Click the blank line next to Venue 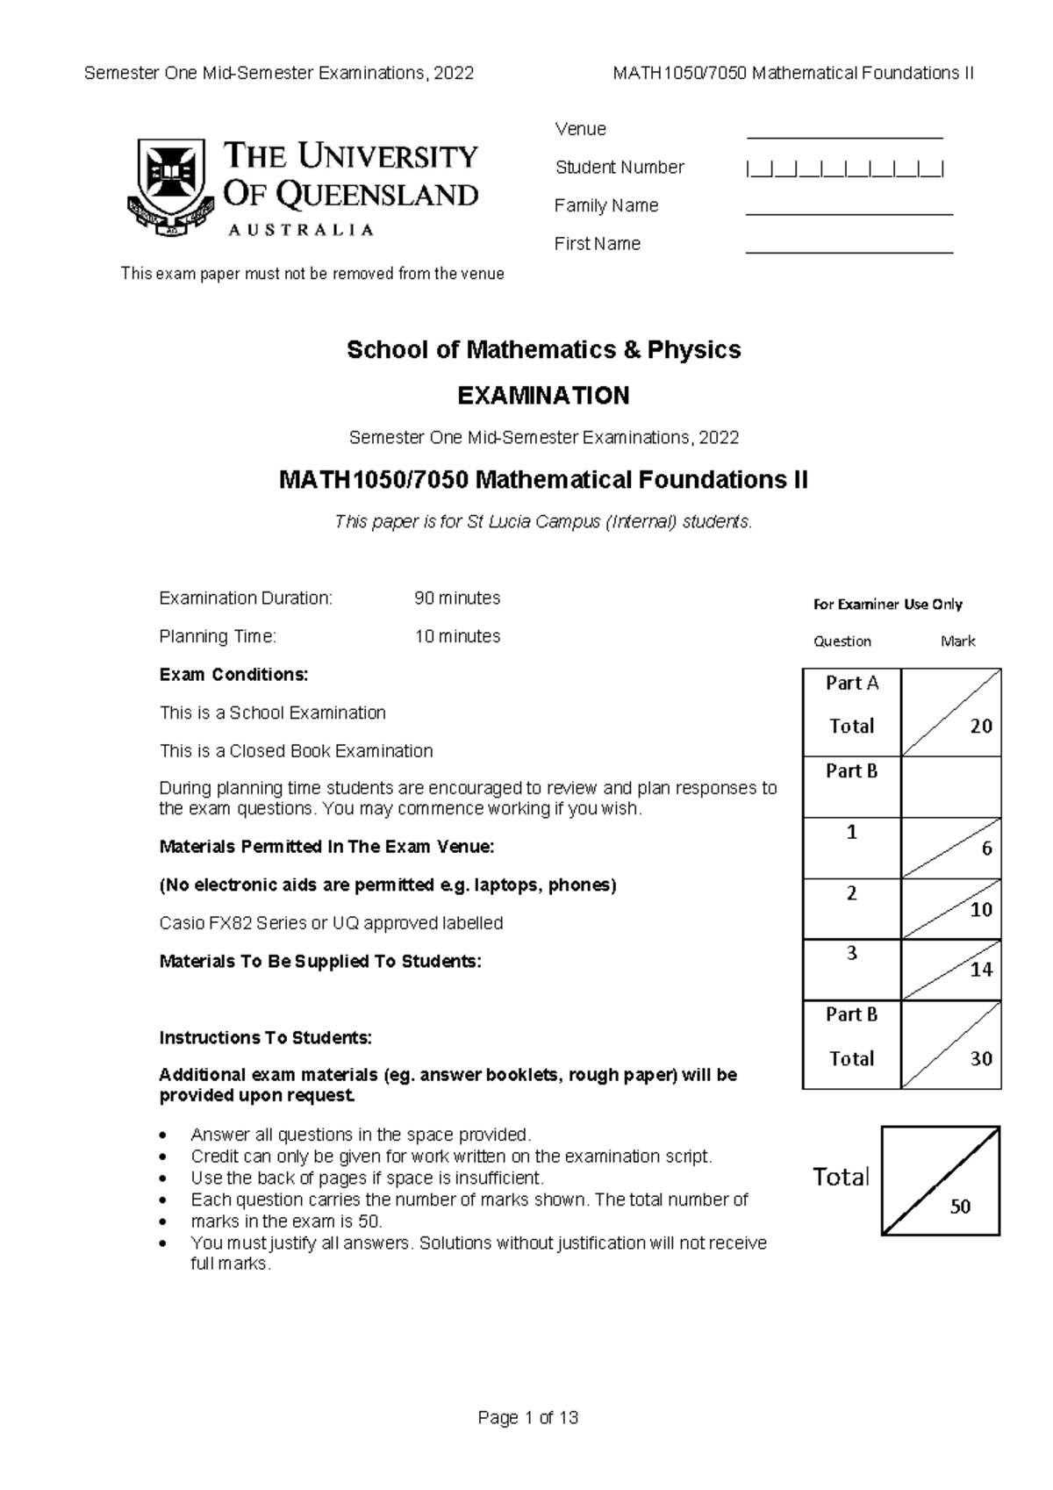[x=844, y=135]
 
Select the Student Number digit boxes [x=844, y=168]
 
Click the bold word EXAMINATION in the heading [x=543, y=396]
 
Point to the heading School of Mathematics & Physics [x=543, y=350]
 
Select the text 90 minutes [x=457, y=598]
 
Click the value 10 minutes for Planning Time [x=457, y=637]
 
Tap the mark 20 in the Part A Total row [x=981, y=727]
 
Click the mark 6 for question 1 [x=986, y=849]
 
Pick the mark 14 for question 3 [x=981, y=970]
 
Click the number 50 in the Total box [x=960, y=1207]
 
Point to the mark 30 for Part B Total [x=981, y=1059]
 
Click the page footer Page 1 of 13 [x=527, y=1418]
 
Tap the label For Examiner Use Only [x=887, y=605]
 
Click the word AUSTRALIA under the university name [x=301, y=230]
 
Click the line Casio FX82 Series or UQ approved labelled [x=331, y=923]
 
